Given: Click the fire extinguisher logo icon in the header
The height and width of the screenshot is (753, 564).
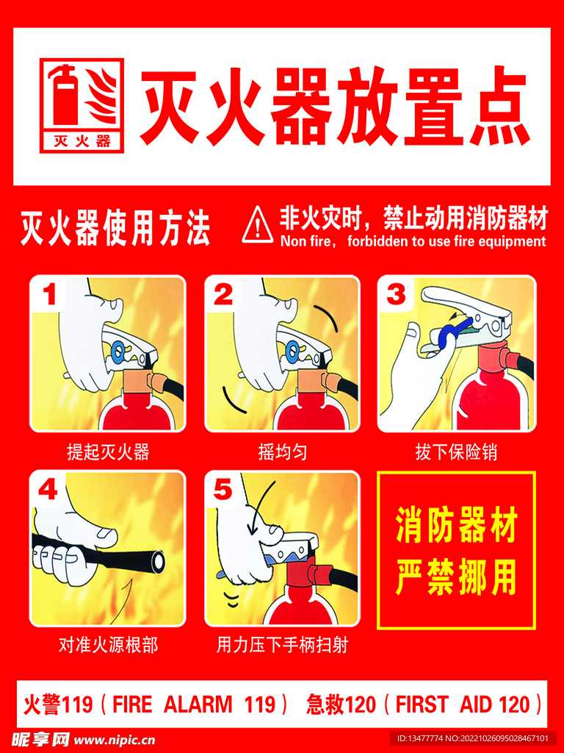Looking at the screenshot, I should [x=82, y=105].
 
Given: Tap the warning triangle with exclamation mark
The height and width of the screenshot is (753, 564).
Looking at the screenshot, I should [x=257, y=224].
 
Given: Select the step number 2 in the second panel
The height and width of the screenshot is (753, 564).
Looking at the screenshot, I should [x=223, y=295].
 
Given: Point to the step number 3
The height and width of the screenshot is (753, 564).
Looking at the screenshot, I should [x=397, y=295].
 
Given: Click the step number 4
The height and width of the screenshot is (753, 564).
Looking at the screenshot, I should [x=48, y=490].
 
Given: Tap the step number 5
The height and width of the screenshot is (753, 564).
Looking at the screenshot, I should [x=223, y=490].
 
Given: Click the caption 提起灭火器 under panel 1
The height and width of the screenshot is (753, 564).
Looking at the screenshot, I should [x=108, y=452].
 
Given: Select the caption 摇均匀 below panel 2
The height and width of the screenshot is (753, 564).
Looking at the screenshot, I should [x=282, y=452].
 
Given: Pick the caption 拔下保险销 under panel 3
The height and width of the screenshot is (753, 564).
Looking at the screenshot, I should [x=456, y=452].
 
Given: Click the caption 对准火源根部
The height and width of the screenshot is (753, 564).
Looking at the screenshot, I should [x=108, y=646].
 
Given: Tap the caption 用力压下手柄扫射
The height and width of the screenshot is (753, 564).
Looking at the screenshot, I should [x=282, y=646].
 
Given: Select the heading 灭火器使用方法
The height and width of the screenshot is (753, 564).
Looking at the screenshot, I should [x=115, y=229].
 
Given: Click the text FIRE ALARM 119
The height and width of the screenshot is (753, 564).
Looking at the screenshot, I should [x=194, y=704].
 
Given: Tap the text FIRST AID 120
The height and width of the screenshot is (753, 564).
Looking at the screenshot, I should [x=463, y=704].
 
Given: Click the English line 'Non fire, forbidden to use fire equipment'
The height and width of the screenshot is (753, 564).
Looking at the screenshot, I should [x=413, y=241].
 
